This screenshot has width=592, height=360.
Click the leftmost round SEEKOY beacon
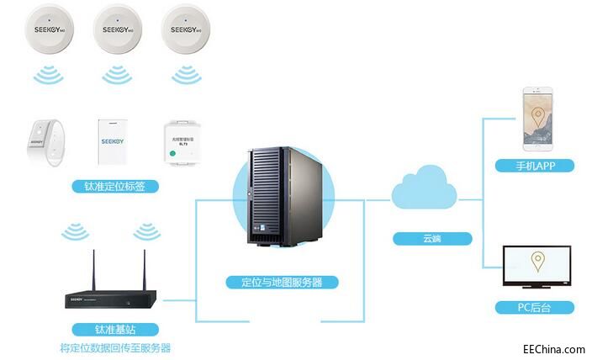pos(51,28)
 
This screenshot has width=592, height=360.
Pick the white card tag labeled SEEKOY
pos(114,137)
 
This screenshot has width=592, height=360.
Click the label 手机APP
pos(535,165)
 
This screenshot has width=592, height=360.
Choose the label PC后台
pos(535,307)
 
